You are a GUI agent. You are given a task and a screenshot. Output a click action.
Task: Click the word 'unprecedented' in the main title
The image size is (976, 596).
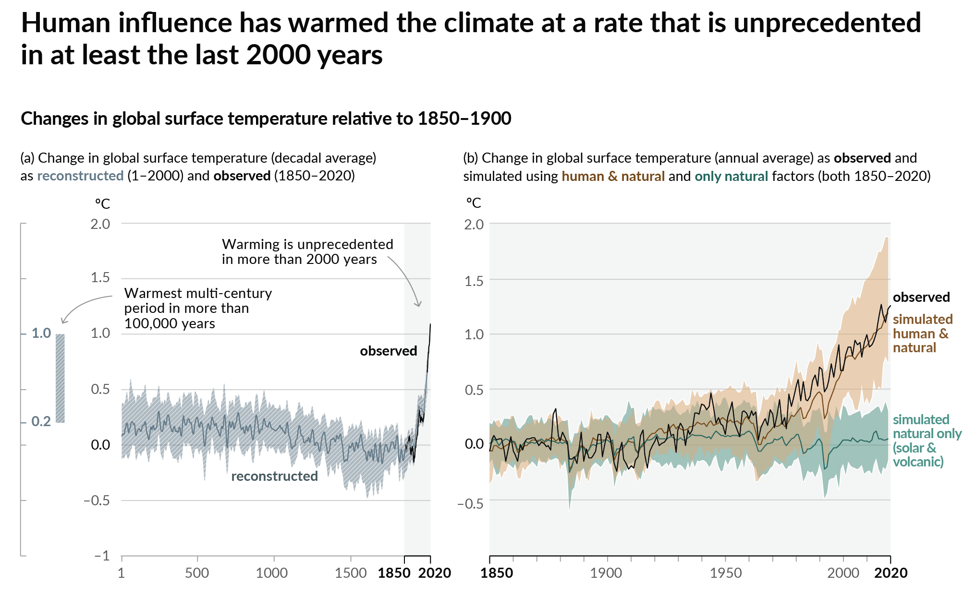[827, 23]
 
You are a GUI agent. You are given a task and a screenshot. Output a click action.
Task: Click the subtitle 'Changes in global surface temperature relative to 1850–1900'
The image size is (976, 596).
[266, 119]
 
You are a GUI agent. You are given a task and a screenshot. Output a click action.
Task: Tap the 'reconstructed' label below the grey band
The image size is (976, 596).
[274, 476]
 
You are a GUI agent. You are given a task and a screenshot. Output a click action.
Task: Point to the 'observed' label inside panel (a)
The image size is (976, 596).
[388, 351]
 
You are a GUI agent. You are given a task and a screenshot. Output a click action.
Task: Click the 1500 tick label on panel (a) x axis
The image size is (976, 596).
[351, 573]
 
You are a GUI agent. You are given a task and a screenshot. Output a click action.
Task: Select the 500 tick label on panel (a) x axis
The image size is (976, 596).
[197, 573]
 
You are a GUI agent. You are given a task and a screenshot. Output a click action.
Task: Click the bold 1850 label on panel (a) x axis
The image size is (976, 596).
[394, 573]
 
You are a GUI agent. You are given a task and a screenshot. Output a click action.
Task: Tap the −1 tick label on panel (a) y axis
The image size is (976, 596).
[101, 556]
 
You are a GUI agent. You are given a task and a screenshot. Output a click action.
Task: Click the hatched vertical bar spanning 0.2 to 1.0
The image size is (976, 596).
[60, 378]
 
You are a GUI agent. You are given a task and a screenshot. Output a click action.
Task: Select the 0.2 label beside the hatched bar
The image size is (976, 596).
[41, 421]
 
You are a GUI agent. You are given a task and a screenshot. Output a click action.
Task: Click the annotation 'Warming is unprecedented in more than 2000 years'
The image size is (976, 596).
[307, 251]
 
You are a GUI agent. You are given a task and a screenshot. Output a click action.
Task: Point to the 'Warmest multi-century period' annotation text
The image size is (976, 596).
[197, 308]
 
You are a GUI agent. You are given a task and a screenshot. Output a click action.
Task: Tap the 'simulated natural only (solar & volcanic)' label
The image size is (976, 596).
[926, 441]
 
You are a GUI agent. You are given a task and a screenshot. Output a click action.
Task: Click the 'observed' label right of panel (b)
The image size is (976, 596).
[921, 297]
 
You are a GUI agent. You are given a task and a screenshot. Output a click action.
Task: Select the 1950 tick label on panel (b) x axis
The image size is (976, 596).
[725, 573]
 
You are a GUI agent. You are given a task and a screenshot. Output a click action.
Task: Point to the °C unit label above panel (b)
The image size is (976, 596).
[474, 203]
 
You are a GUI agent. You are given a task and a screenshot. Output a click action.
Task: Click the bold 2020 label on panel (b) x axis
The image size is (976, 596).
[891, 573]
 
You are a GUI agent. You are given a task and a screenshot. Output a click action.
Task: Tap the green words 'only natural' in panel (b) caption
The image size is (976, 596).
[731, 176]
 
